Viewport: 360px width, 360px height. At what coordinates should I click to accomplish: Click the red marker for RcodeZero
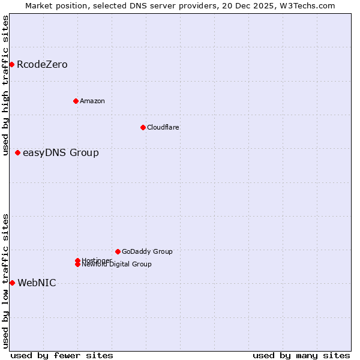(x=11, y=64)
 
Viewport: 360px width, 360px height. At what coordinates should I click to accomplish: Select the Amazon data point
(x=76, y=101)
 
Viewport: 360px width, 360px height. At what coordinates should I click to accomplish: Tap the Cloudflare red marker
(x=143, y=127)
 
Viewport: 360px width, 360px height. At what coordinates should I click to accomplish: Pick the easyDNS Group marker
(x=18, y=152)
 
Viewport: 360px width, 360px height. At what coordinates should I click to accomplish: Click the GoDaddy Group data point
(x=118, y=251)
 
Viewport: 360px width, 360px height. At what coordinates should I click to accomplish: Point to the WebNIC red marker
(x=12, y=283)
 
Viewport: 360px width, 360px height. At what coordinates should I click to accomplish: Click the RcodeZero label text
(x=42, y=65)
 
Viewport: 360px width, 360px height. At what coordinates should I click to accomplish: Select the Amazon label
(x=92, y=101)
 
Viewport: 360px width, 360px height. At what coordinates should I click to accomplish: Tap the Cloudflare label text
(x=163, y=127)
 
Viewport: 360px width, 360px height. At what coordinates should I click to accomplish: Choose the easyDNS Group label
(x=61, y=153)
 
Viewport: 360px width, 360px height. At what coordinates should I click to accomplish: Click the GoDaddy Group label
(x=147, y=252)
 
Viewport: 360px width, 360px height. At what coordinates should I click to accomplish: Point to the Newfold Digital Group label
(x=117, y=265)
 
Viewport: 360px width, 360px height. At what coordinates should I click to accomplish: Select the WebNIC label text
(x=37, y=283)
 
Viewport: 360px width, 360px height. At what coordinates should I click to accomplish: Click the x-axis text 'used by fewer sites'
(x=62, y=355)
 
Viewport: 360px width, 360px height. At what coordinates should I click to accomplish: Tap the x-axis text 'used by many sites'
(x=301, y=355)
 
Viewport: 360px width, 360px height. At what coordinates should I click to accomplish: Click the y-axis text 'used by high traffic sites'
(x=6, y=85)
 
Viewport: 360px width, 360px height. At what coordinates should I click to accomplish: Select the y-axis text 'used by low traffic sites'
(x=6, y=281)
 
